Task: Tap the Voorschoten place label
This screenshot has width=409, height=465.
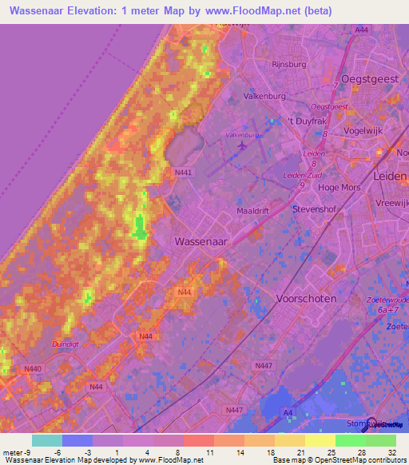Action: click(x=306, y=298)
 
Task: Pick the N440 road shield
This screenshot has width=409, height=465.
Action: click(x=33, y=368)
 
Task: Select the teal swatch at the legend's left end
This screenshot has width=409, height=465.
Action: click(x=46, y=440)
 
